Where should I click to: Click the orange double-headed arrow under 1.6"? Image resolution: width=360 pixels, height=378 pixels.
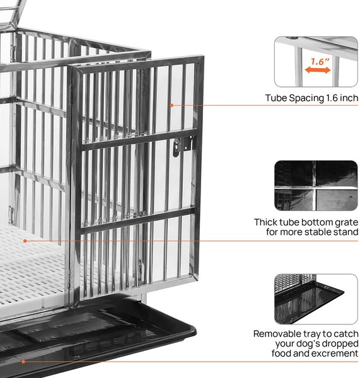click(x=317, y=70)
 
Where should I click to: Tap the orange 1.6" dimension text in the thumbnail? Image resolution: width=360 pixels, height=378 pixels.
click(x=320, y=62)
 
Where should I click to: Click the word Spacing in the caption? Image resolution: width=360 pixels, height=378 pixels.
click(x=306, y=98)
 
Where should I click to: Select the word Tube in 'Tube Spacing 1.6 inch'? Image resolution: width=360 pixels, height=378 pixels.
click(x=276, y=98)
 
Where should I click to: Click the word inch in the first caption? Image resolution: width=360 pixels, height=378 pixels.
click(x=349, y=98)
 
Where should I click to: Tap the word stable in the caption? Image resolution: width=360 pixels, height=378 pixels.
click(x=318, y=232)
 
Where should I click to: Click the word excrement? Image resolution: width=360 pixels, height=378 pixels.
click(x=334, y=353)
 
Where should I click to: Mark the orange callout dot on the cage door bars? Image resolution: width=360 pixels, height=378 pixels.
click(x=171, y=105)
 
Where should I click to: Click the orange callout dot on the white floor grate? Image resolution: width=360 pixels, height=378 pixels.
click(x=25, y=241)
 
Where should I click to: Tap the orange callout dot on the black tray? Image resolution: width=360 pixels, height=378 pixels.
click(x=23, y=362)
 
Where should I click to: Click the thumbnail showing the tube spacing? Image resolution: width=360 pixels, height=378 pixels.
click(x=316, y=62)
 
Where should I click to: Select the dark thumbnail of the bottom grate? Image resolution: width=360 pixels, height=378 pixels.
click(x=316, y=185)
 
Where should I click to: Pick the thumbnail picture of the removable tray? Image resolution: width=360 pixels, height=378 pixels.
click(x=316, y=299)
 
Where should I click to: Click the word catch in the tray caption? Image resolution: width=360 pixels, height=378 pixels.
click(x=346, y=334)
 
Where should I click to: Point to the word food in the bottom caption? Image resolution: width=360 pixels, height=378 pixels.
click(x=281, y=353)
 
